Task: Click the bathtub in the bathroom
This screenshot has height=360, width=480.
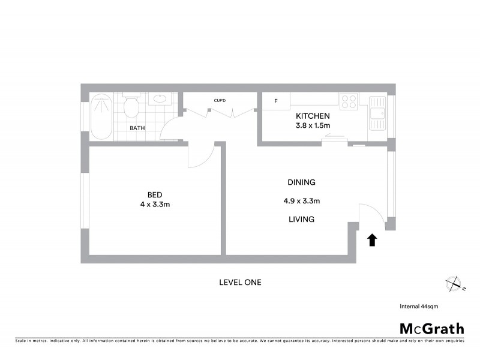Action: tap(101, 117)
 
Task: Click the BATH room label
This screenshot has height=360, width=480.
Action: tap(137, 128)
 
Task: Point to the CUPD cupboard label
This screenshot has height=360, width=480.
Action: tap(220, 100)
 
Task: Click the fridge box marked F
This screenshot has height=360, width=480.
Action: tap(275, 101)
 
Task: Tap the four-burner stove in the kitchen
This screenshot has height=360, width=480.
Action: tap(349, 101)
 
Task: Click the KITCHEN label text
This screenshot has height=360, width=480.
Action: tap(313, 116)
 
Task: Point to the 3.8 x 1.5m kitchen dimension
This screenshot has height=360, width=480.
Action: tap(313, 125)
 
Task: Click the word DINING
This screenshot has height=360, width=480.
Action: tap(301, 182)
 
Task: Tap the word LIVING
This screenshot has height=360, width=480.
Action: tap(301, 220)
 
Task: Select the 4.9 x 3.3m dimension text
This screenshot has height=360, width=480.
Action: tap(301, 201)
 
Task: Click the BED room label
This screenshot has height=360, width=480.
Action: tap(155, 194)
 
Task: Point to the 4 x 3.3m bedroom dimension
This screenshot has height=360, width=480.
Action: tap(155, 204)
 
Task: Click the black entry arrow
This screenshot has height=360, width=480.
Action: tap(371, 240)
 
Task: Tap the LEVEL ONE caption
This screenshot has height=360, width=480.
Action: tap(240, 282)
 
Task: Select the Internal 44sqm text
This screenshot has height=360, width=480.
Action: tap(419, 306)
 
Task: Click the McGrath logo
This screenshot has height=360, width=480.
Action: tap(432, 328)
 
